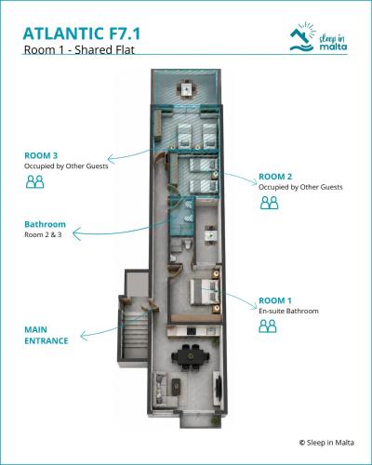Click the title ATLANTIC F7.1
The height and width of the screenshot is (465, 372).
tap(82, 33)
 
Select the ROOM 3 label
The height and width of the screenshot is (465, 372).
tap(41, 155)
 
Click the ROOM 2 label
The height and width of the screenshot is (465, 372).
tap(275, 177)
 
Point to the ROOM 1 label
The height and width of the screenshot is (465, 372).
tap(275, 300)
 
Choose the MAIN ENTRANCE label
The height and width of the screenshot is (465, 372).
tap(46, 335)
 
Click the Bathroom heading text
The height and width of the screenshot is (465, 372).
tap(45, 224)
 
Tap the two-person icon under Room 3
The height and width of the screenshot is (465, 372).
tap(34, 181)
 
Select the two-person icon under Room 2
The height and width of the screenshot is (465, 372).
tap(269, 203)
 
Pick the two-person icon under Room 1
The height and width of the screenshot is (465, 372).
tap(268, 326)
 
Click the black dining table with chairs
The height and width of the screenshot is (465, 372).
tap(191, 357)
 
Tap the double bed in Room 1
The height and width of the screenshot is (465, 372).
tap(205, 292)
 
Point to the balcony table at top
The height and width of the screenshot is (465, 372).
tap(187, 89)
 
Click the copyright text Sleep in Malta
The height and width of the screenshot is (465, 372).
tap(326, 443)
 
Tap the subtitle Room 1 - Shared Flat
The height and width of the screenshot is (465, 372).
tap(79, 49)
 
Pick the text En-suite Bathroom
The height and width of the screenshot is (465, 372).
tap(288, 311)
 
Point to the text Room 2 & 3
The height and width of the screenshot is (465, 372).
tap(43, 234)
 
